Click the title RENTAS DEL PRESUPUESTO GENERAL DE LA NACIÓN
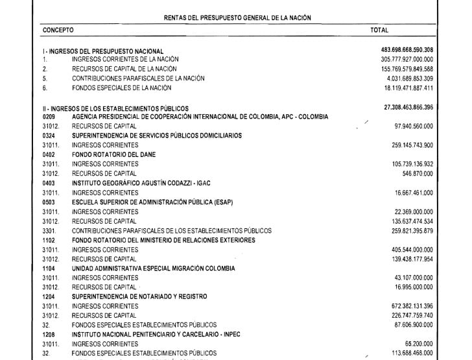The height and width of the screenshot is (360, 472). [236, 18]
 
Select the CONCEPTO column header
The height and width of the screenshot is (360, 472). [58, 30]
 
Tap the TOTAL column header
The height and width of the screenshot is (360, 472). [379, 30]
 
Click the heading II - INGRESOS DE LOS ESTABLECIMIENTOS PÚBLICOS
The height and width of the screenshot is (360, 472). [115, 108]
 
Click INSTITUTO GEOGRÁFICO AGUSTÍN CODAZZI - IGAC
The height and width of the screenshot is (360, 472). [141, 183]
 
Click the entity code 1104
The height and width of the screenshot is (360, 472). [49, 268]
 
